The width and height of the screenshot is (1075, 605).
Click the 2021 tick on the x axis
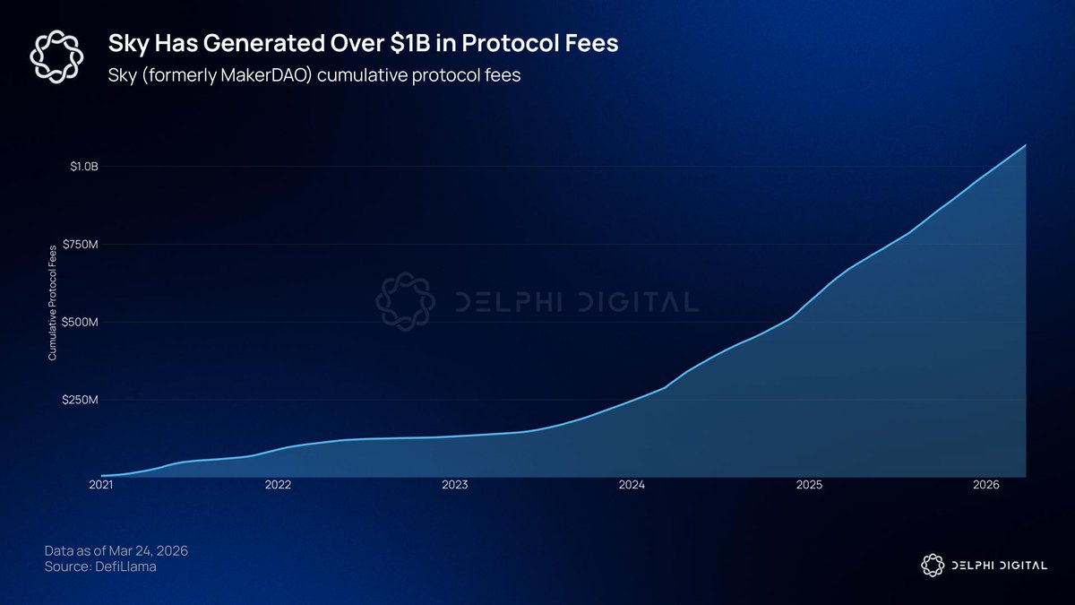click(x=101, y=485)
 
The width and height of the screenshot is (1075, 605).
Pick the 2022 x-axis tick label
click(x=278, y=485)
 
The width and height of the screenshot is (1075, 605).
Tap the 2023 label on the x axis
click(x=455, y=485)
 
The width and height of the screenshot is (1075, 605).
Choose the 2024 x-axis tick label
click(x=632, y=485)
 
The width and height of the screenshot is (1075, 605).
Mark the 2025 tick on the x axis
click(x=809, y=485)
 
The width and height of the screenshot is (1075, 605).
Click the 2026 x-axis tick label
click(x=986, y=485)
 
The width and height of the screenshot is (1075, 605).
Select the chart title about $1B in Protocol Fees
click(x=364, y=43)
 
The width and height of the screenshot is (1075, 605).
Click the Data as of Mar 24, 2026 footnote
click(x=116, y=549)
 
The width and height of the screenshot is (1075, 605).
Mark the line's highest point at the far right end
click(x=1026, y=145)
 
